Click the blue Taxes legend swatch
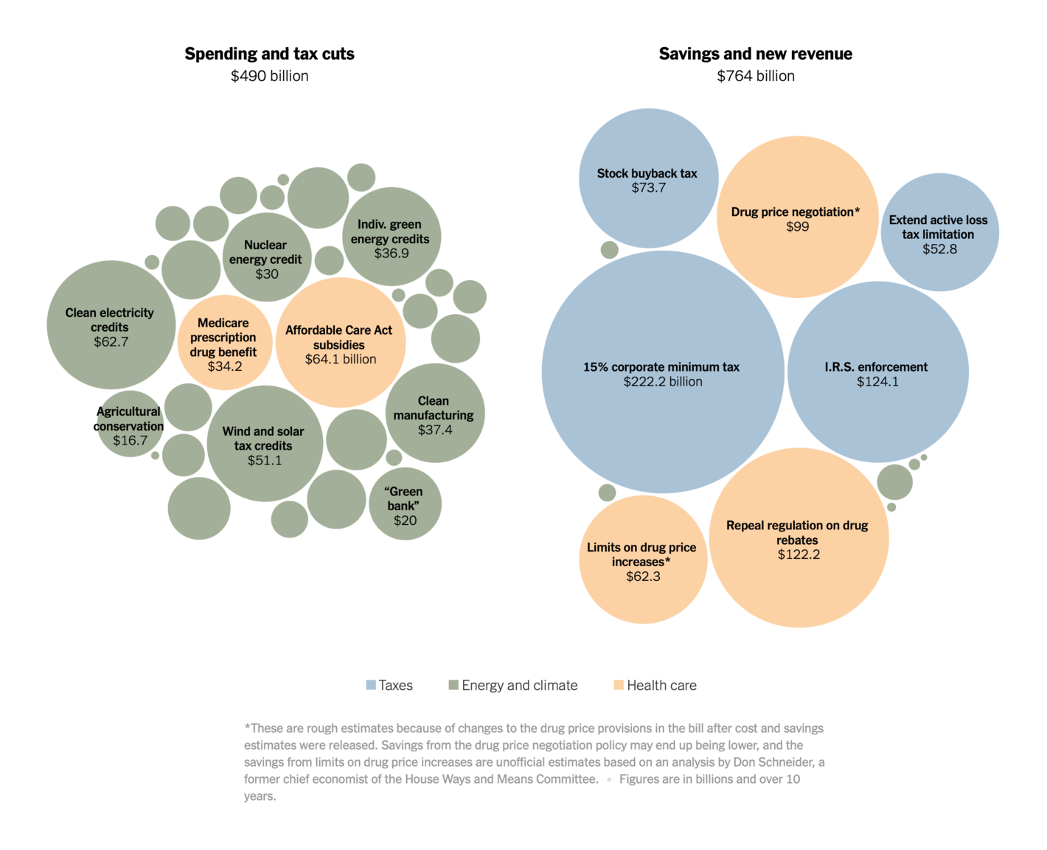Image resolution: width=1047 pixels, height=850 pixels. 371,686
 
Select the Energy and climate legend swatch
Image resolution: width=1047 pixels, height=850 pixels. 453,686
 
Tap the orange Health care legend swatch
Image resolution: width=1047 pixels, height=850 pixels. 619,686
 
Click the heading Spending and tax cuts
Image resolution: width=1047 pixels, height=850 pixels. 269,54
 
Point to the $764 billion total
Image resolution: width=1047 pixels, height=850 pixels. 755,76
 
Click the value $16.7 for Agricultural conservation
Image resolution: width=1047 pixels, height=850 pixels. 131,441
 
